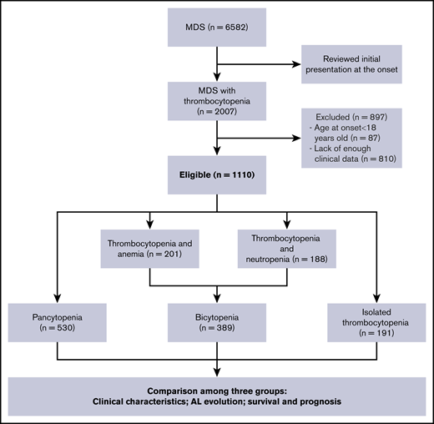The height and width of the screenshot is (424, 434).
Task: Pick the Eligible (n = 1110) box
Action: click(216, 176)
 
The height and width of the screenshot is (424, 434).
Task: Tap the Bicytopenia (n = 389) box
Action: click(216, 323)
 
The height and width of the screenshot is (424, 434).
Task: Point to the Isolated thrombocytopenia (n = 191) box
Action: click(374, 323)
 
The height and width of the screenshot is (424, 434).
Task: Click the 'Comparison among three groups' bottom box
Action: click(216, 395)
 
